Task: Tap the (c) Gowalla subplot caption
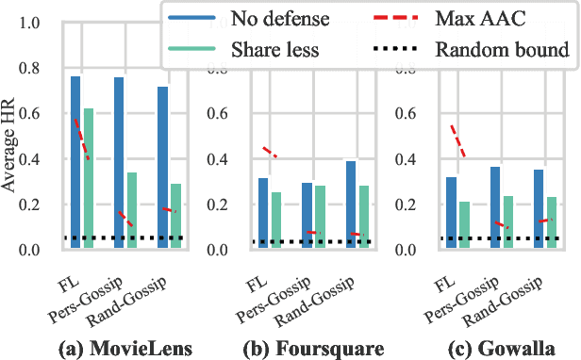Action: click(x=497, y=346)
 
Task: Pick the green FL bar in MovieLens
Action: click(x=89, y=179)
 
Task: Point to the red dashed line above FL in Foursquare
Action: click(x=270, y=152)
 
